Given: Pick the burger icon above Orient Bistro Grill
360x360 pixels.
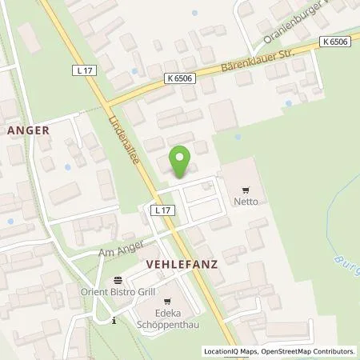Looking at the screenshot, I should click(x=118, y=281).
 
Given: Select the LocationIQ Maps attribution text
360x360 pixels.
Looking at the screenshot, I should click(x=230, y=351).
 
